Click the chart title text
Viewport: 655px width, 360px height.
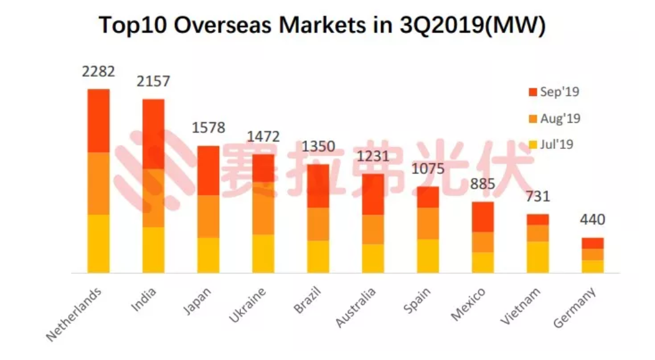323,26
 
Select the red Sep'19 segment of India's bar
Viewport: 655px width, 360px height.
153,133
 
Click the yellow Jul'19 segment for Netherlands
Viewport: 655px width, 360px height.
98,244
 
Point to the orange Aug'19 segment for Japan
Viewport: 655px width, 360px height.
208,216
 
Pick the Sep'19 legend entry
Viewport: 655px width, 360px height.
554,92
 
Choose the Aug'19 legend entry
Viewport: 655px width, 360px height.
554,118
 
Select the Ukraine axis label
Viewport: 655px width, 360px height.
248,306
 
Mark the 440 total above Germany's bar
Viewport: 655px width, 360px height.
592,220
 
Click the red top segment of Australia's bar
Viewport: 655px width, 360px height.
373,194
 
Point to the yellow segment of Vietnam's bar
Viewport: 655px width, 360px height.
537,257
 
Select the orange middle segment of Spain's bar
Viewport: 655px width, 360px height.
428,223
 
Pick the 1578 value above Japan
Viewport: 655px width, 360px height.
208,128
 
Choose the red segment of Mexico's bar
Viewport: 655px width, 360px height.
483,217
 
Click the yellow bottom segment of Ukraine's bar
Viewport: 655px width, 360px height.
263,253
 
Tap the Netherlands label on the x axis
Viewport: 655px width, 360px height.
74,315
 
